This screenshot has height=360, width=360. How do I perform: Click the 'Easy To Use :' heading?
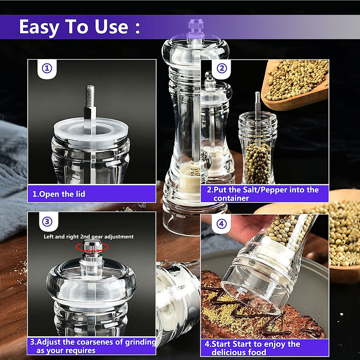pyautogui.click(x=79, y=27)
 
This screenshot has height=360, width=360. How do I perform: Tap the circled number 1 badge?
pyautogui.click(x=47, y=68)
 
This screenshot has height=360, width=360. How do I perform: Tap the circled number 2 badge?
pyautogui.click(x=221, y=68)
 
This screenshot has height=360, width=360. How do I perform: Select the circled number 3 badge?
pyautogui.click(x=47, y=222)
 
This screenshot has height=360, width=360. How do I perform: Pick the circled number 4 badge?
pyautogui.click(x=221, y=224)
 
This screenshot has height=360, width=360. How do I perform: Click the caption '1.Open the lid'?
pyautogui.click(x=59, y=194)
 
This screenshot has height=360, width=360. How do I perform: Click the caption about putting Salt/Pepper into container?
pyautogui.click(x=263, y=194)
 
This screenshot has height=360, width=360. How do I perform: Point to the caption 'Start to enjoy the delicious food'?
pyautogui.click(x=252, y=348)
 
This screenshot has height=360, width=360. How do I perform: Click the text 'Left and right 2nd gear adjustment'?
pyautogui.click(x=88, y=237)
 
